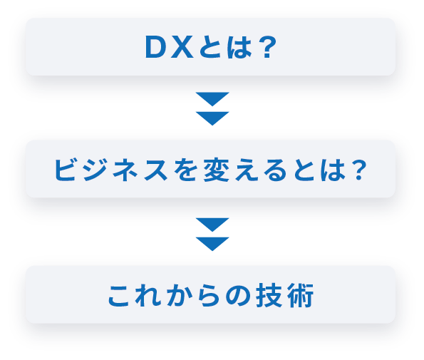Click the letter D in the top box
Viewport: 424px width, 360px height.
(x=155, y=47)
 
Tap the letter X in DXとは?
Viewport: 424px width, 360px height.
(x=182, y=47)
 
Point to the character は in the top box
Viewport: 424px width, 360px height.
(x=239, y=47)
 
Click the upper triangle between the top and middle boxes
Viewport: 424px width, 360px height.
(x=212, y=98)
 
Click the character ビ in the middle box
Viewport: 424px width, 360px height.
(x=65, y=170)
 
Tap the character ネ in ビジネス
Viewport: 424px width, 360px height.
(x=125, y=170)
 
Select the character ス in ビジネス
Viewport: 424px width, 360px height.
(x=156, y=170)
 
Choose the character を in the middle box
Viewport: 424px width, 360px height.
(x=185, y=170)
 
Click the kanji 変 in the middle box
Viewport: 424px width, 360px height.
(x=215, y=170)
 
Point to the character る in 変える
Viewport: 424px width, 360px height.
(x=275, y=170)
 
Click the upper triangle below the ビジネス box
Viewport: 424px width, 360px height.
(x=212, y=225)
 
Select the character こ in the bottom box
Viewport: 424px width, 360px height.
(x=119, y=295)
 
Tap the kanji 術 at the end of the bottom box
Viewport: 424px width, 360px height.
(x=301, y=295)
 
